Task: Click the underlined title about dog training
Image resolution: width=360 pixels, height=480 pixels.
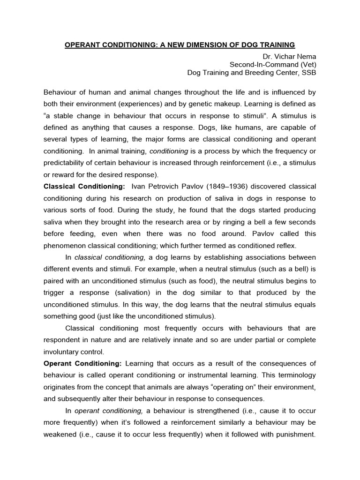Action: tap(180, 45)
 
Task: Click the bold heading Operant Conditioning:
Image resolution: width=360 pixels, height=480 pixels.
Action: tap(82, 363)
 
